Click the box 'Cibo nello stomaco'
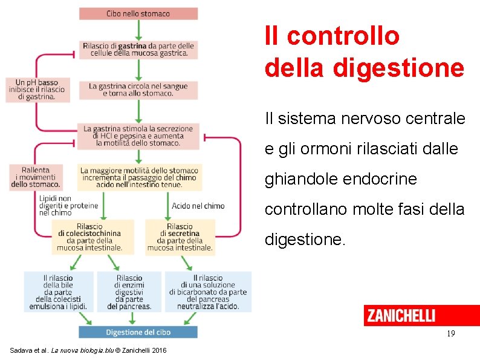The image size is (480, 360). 138,13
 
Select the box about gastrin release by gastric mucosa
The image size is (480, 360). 138,50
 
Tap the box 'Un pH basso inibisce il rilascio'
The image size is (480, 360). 37,90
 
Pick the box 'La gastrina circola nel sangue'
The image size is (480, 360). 138,90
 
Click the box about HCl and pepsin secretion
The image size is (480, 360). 138,136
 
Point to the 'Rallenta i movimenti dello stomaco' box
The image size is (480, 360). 36,177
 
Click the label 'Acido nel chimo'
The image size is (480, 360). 198,206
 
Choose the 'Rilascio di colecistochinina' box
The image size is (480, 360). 89,237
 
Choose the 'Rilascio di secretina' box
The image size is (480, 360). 180,237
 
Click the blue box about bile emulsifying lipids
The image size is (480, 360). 59,292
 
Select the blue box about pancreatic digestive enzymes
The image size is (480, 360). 129,292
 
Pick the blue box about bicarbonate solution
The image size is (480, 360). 208,292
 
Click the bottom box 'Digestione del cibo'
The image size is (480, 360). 138,332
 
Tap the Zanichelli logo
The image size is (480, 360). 401,315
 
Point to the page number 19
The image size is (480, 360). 450,334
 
